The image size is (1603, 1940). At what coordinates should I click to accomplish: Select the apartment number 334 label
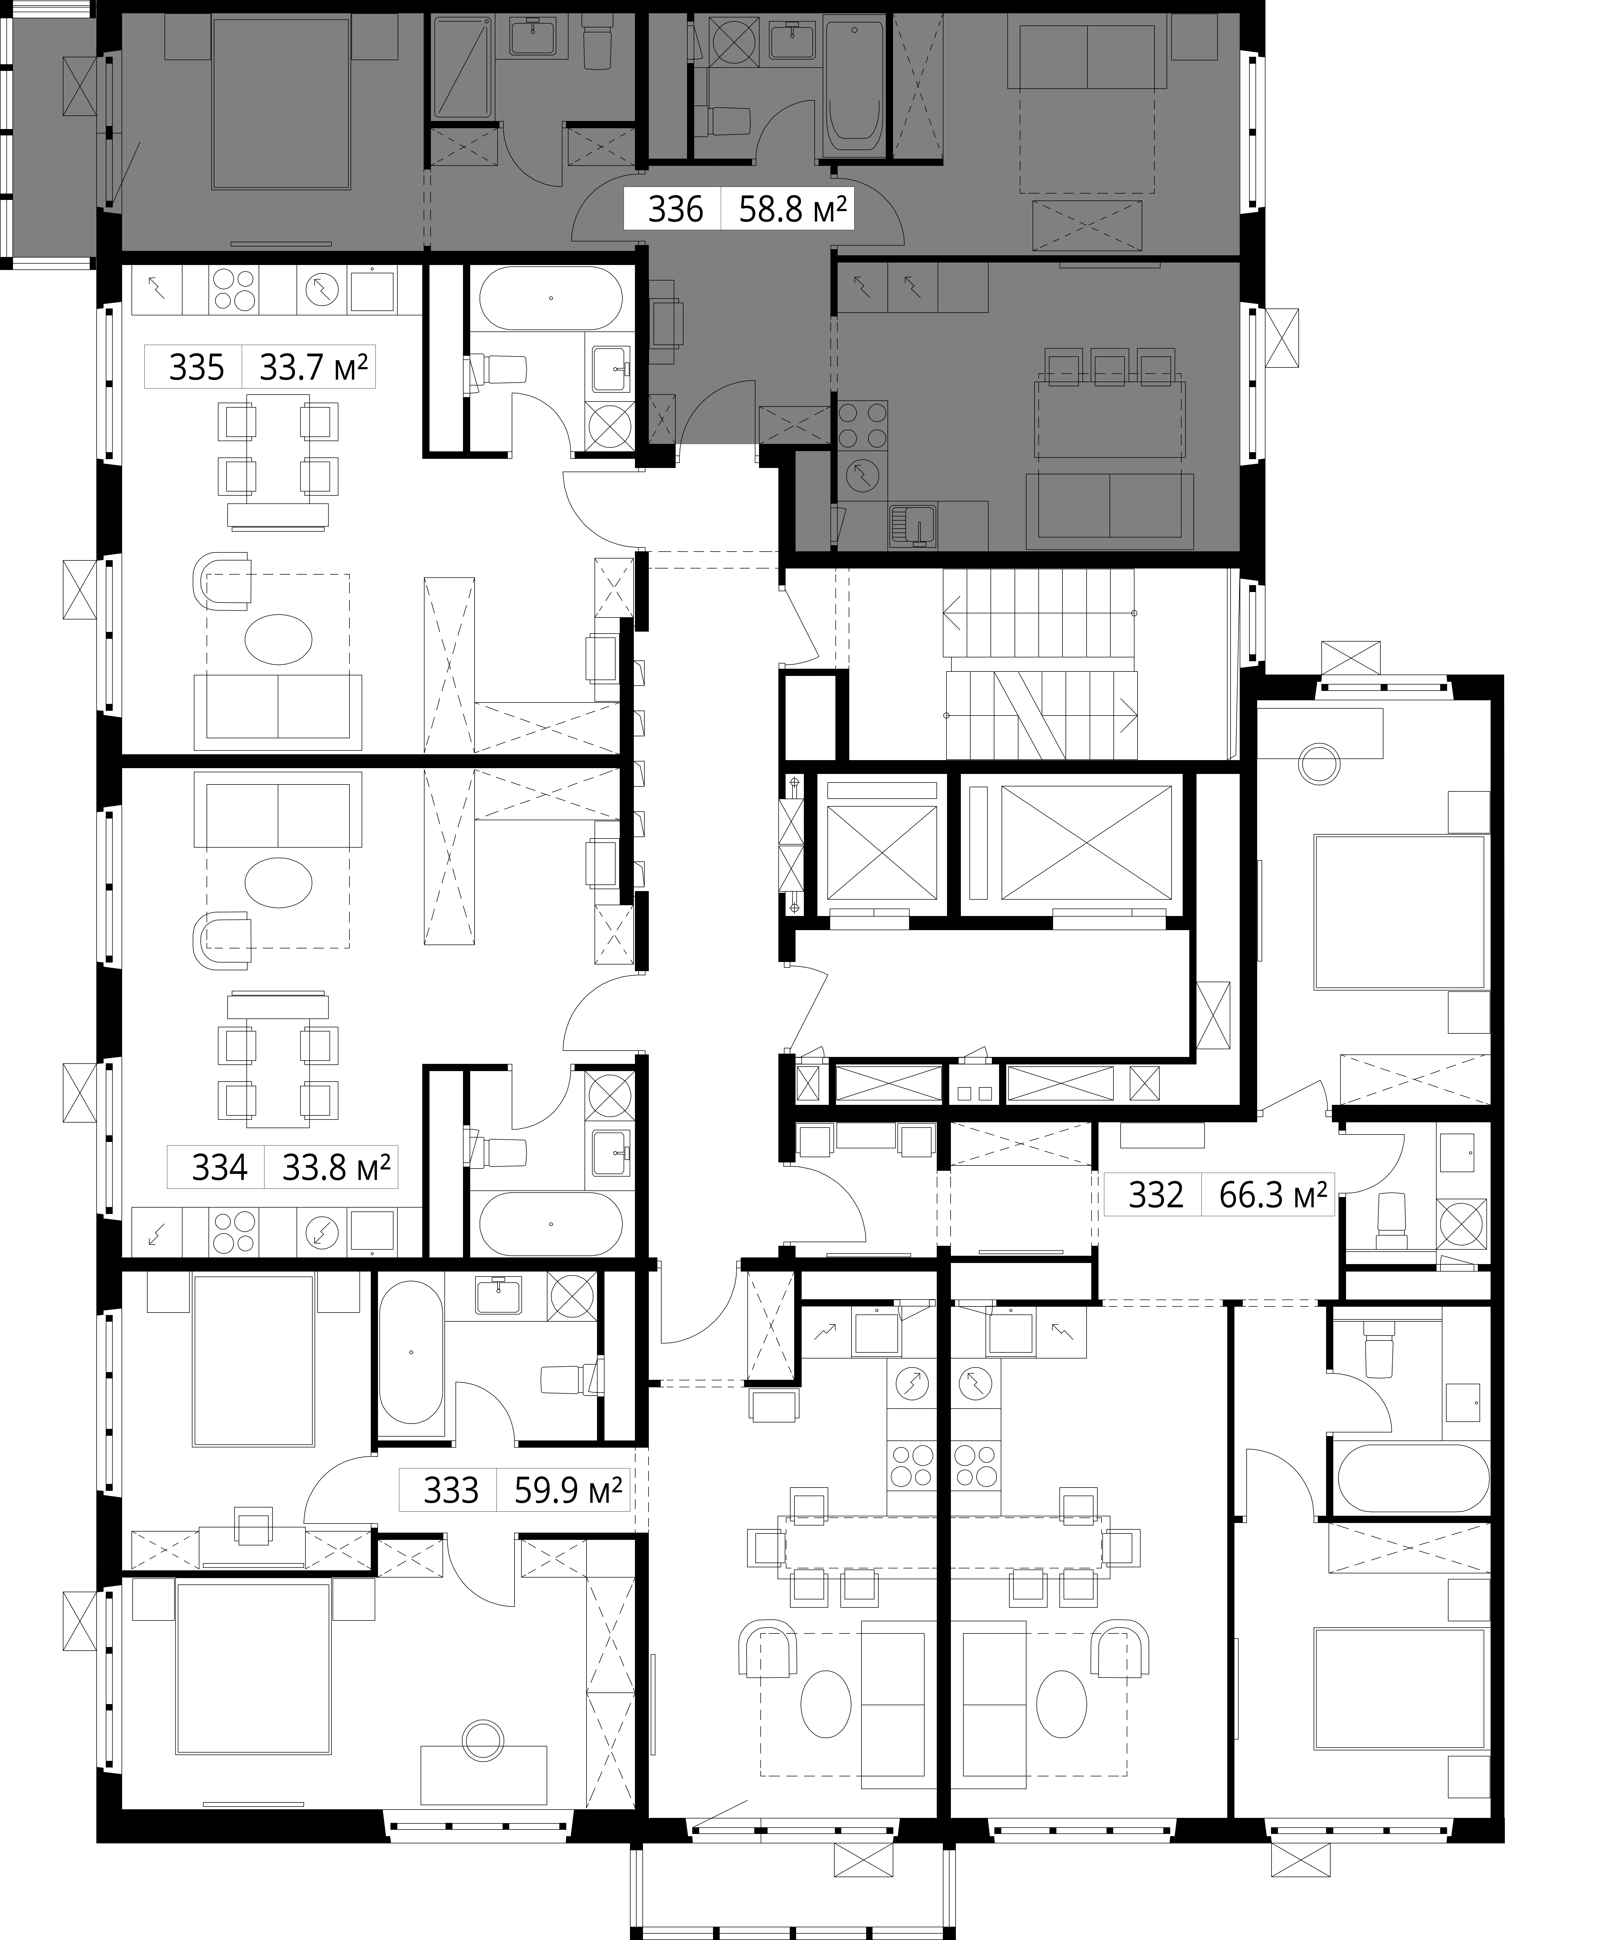(220, 1168)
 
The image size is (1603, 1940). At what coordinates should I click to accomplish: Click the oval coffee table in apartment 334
(279, 883)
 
